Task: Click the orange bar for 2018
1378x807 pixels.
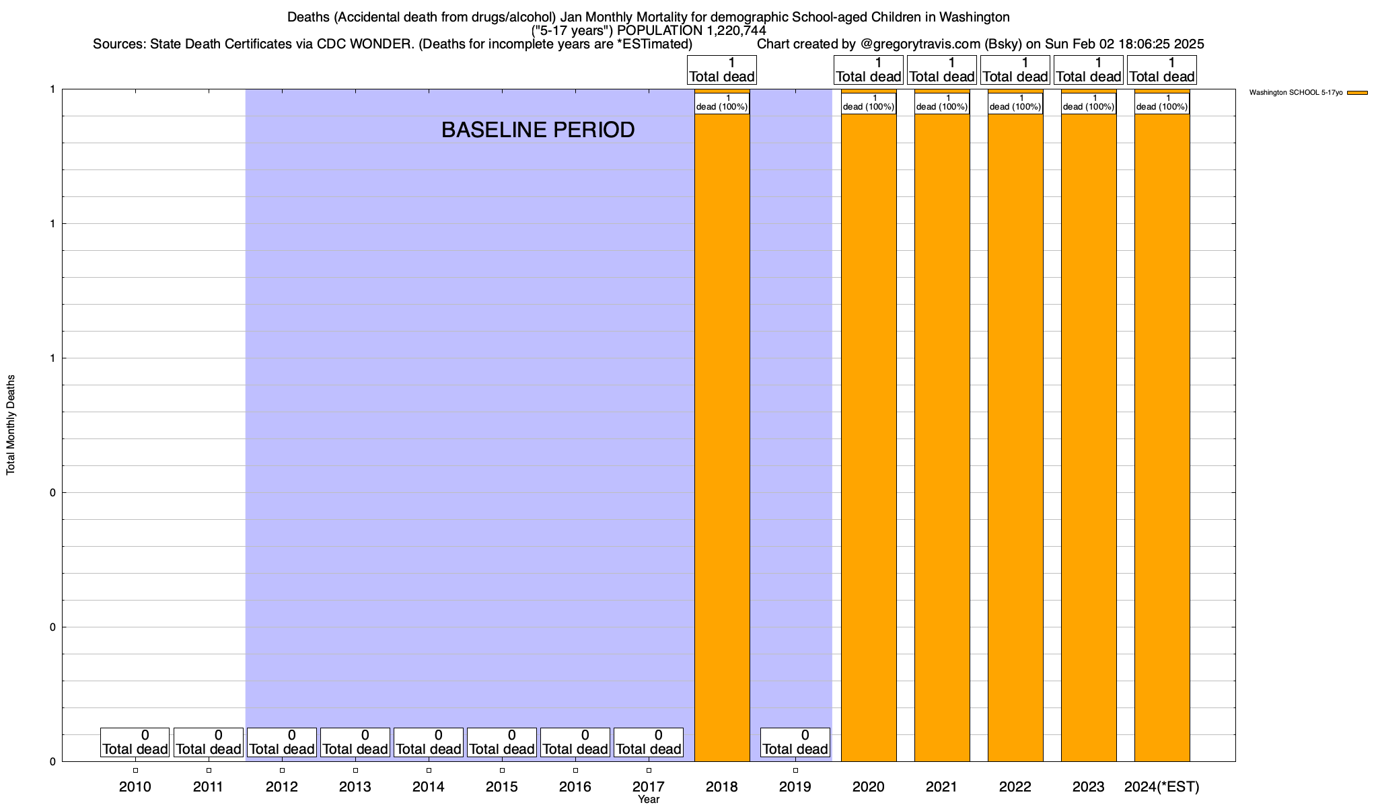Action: coord(722,437)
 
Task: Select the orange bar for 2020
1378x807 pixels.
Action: coord(869,437)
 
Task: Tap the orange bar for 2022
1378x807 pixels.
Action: coord(1015,437)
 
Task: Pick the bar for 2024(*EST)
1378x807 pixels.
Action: coord(1162,437)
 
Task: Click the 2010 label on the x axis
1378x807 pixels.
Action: coord(135,786)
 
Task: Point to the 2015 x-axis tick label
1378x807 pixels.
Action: coord(502,786)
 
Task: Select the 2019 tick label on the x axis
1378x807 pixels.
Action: coord(795,786)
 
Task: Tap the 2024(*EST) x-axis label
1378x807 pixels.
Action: coord(1162,786)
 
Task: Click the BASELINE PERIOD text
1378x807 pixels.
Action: coord(538,130)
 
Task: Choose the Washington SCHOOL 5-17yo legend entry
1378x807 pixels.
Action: coord(1295,93)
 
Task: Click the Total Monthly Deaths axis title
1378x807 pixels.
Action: coord(11,425)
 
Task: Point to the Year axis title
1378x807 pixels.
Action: coord(649,800)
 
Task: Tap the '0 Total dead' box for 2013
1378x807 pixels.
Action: coord(355,742)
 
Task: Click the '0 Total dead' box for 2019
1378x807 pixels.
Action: coord(795,742)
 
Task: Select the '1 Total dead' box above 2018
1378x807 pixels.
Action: coord(722,70)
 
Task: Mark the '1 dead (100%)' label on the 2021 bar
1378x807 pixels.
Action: coord(942,103)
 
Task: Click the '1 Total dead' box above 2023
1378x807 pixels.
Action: coord(1089,70)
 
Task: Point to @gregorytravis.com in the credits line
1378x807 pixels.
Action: coord(920,44)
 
